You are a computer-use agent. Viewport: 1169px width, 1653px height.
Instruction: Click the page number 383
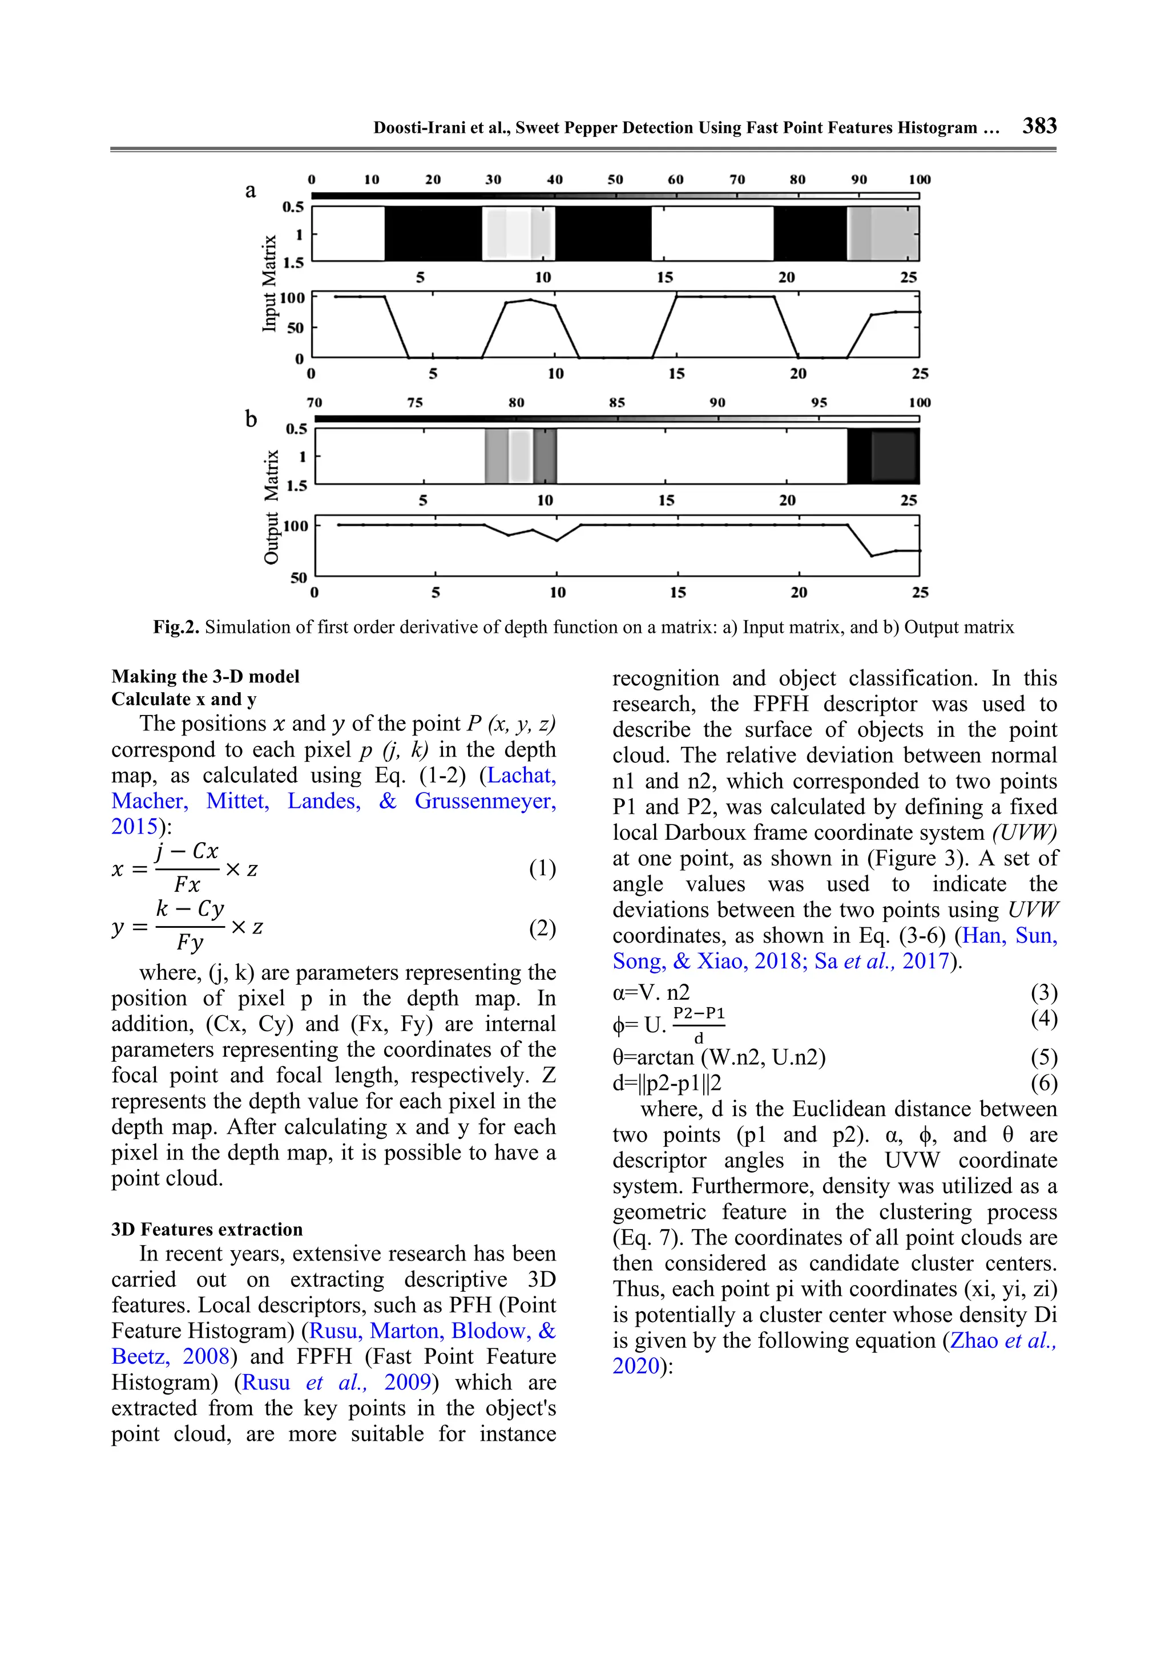click(1039, 126)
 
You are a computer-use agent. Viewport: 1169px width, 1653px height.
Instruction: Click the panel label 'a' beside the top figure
click(250, 191)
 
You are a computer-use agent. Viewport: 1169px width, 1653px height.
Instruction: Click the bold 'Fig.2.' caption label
click(176, 627)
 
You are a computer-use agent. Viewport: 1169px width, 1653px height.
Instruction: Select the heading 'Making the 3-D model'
click(205, 676)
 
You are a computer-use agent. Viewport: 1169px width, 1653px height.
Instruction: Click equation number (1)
click(542, 868)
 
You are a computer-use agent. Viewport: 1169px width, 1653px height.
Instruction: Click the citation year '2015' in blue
click(134, 826)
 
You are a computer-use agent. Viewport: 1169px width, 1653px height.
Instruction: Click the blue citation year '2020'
click(636, 1366)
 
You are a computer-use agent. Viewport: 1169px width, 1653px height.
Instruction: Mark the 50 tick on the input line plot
click(295, 328)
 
